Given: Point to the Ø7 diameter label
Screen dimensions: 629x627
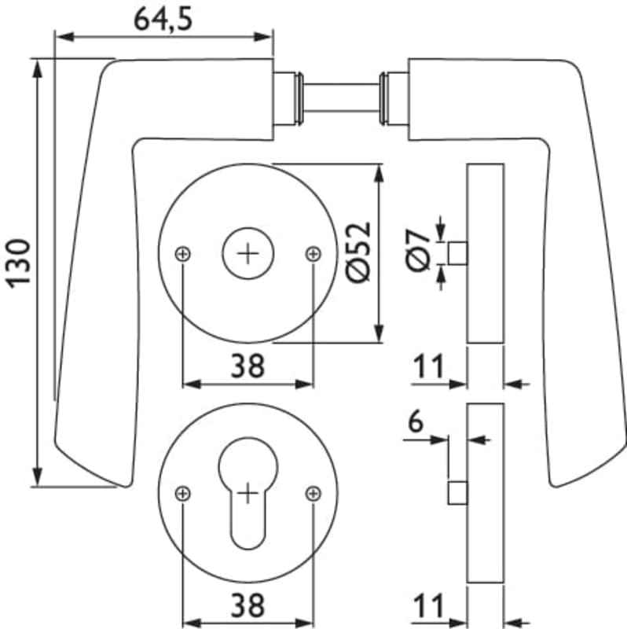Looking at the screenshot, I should pos(420,251).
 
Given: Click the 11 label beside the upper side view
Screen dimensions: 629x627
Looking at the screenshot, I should pos(428,366).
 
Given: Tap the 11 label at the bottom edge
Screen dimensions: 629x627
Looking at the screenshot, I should pos(428,606).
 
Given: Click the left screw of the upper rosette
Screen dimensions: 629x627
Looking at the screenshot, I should pos(183,253).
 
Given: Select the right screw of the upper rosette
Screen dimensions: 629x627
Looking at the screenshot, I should pos(313,253).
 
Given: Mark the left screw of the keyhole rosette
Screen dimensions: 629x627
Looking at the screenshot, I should pos(183,493).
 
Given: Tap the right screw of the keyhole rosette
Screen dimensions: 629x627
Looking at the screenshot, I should pos(313,493).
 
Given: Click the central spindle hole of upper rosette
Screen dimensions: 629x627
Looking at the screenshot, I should pos(248,253).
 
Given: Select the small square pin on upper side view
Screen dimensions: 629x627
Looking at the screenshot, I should pos(457,253).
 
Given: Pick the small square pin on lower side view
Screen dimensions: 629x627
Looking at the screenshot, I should pos(457,493).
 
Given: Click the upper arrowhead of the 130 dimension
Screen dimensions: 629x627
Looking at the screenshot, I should pos(37,67).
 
